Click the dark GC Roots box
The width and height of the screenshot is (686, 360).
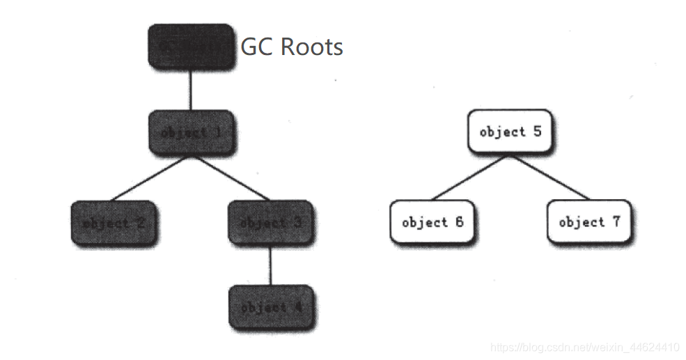click(189, 46)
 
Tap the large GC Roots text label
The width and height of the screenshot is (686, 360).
click(292, 47)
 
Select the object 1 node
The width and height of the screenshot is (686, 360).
click(190, 132)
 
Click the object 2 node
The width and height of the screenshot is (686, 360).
click(113, 223)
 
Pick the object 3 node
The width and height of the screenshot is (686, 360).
click(270, 223)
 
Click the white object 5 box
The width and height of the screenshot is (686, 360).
click(510, 132)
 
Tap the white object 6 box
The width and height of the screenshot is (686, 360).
click(432, 222)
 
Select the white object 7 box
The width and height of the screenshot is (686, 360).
click(589, 222)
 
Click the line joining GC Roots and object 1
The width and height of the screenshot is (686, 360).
click(190, 89)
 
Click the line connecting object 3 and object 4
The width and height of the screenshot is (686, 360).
click(270, 265)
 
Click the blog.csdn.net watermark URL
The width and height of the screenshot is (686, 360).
click(585, 347)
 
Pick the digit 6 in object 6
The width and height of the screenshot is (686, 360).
click(459, 222)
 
